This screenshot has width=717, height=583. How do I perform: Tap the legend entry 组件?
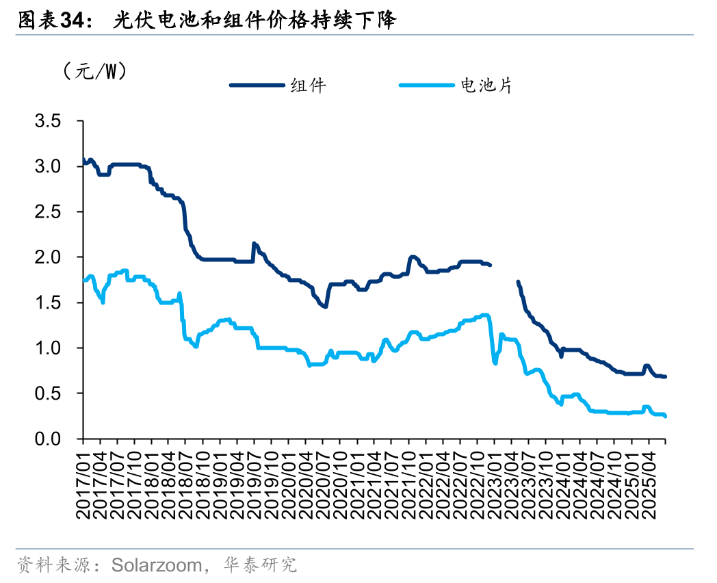coord(308,86)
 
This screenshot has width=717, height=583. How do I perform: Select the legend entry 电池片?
coord(486,86)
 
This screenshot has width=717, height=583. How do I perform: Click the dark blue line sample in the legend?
coord(257,86)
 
